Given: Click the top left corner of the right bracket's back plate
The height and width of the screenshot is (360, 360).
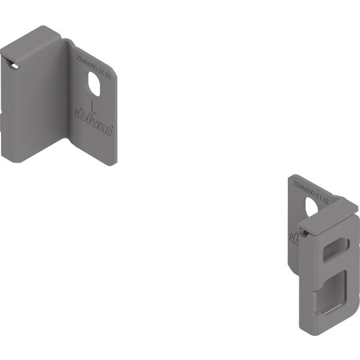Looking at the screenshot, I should point(295,176).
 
